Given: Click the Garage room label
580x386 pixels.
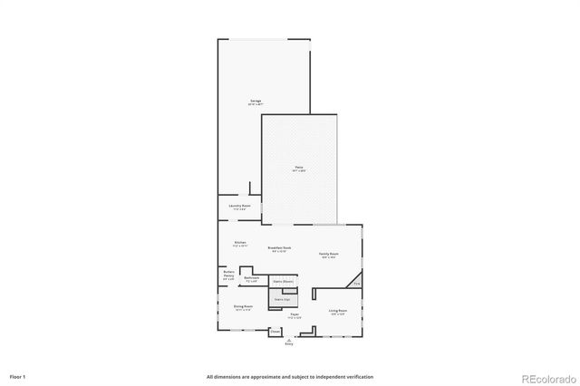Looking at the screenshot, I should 256,101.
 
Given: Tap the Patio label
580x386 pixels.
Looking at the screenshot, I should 298,168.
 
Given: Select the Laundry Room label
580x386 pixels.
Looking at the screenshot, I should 240,207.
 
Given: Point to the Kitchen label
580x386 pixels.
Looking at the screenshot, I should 240,243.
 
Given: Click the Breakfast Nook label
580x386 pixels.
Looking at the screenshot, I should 279,247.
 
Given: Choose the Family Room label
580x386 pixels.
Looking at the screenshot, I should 328,254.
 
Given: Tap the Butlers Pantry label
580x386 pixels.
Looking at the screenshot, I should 228,275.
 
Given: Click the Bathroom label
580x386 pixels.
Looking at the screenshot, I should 252,279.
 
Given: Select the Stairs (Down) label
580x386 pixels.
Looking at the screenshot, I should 282,281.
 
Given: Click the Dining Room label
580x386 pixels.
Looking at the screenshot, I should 243,307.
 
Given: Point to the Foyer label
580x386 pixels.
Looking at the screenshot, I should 295,316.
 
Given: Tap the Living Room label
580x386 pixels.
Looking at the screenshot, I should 338,311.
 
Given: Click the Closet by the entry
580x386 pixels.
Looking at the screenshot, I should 275,332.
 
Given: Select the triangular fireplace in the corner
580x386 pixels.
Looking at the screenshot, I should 356,280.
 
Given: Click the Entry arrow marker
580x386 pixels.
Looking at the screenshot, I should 289,339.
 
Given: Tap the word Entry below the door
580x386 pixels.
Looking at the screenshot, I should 289,344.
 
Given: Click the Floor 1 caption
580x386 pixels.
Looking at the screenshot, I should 18,376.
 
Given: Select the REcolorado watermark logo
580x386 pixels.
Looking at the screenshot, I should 547,377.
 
